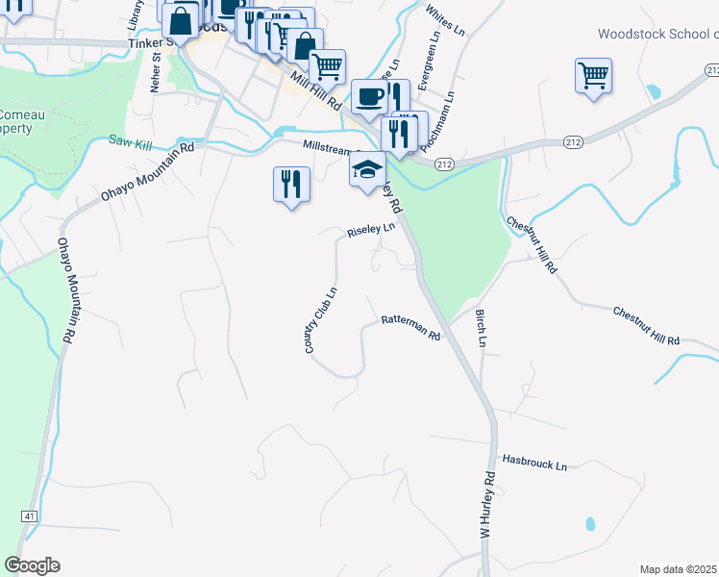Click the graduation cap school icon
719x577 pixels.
(366, 169)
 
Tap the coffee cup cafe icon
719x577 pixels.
(370, 96)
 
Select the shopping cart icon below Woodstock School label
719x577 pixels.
(593, 75)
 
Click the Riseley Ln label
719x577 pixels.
(371, 231)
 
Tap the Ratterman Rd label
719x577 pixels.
(410, 328)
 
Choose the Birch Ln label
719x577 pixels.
(481, 329)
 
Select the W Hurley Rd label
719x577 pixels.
(487, 505)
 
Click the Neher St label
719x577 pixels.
(156, 71)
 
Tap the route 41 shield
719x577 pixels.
(30, 516)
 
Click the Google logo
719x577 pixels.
(32, 564)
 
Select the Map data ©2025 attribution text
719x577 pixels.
(679, 569)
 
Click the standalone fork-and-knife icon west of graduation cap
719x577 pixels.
(289, 183)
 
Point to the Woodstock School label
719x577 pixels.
(657, 34)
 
